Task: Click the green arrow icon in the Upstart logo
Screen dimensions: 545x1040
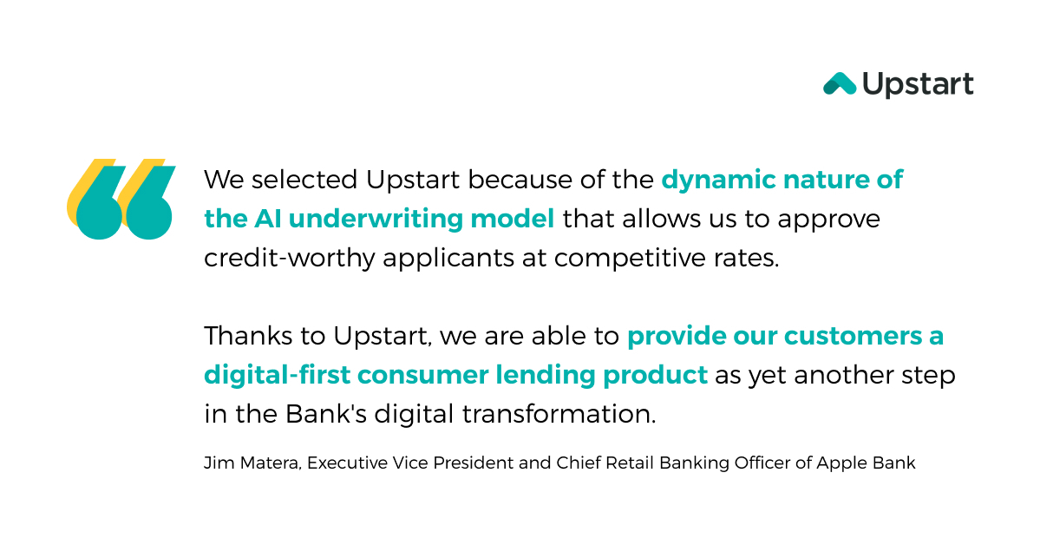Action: [839, 83]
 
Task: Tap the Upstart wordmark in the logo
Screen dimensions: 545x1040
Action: [918, 85]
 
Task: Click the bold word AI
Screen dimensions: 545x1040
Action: [267, 219]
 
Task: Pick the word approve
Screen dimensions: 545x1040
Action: [829, 220]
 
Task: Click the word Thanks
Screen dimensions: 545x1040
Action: [241, 336]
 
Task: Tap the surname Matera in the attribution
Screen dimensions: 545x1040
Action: [270, 463]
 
